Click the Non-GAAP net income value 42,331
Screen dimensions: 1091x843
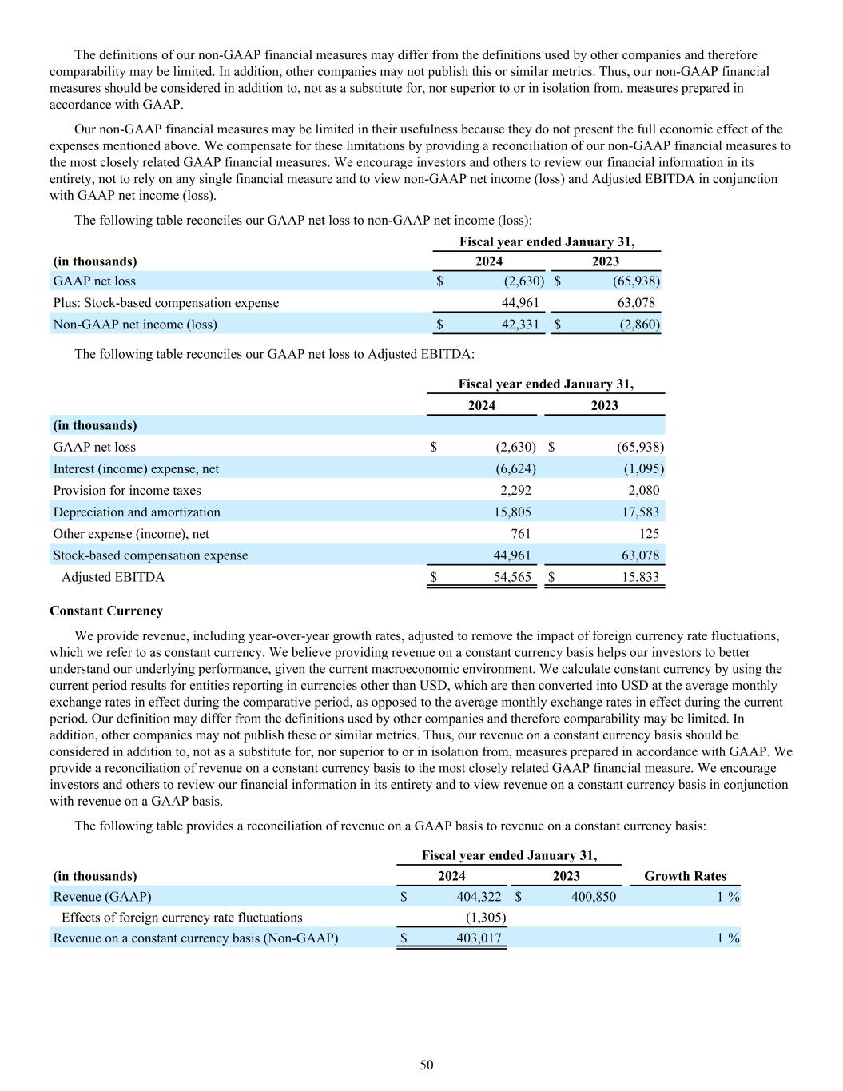(x=520, y=325)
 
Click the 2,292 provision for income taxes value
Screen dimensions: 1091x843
(x=514, y=491)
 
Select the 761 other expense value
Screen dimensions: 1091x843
(x=520, y=534)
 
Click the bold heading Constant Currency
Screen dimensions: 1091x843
(x=106, y=611)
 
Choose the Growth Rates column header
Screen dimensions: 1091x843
(x=685, y=876)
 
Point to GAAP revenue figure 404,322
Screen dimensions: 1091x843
(x=479, y=897)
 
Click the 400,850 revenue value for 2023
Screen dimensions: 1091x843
(x=594, y=897)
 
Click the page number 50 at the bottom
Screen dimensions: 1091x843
(x=427, y=1065)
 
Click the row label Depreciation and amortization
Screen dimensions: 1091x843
(x=137, y=512)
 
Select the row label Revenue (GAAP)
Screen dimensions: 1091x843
(x=102, y=897)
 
